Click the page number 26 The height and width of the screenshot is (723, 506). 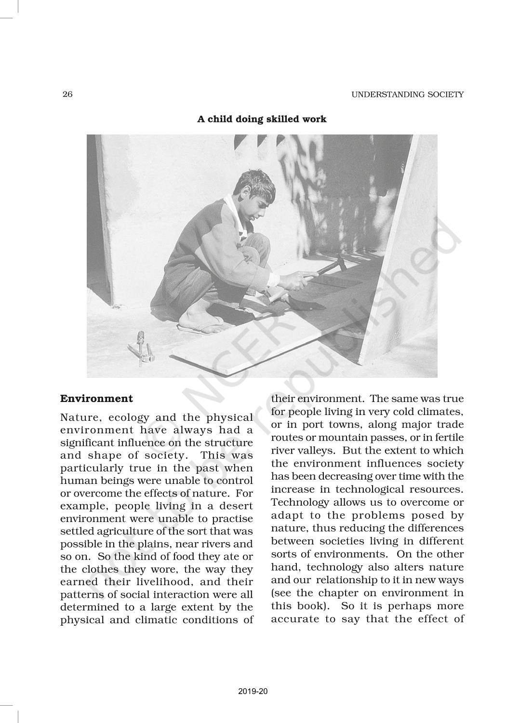pos(67,94)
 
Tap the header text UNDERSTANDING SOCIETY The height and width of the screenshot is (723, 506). pos(407,94)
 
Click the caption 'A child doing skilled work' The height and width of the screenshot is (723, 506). pos(262,119)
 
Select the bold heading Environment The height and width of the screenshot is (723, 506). pos(96,399)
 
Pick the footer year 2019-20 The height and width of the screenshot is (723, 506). pos(253,691)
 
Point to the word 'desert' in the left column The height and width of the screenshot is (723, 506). pos(235,506)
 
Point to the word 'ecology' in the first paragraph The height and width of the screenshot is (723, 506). pos(128,417)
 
